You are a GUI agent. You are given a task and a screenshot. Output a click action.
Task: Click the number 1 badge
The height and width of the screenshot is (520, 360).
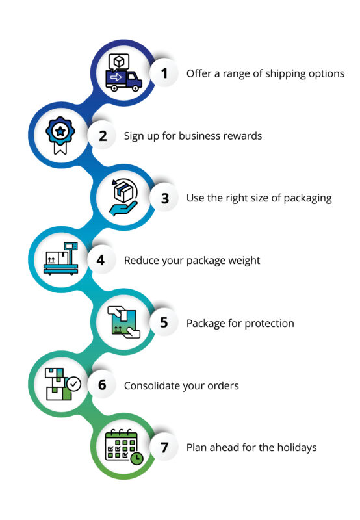(x=164, y=73)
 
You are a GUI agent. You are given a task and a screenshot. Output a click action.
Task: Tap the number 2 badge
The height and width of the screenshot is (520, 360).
(x=102, y=136)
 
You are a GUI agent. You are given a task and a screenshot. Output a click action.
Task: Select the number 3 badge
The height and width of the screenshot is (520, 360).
(x=164, y=198)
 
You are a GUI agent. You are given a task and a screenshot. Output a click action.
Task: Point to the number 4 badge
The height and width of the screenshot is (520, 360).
(x=101, y=260)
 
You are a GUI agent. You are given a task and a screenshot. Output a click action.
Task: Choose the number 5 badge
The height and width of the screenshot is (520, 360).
(x=164, y=322)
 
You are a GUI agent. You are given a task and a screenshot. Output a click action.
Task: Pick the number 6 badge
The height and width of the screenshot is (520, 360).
(x=102, y=385)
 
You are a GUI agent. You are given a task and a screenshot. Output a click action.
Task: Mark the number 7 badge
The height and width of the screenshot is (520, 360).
(x=164, y=447)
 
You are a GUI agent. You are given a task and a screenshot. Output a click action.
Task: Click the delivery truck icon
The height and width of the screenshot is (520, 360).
(x=123, y=80)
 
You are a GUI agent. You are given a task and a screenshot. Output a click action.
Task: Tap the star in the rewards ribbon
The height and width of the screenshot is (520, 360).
(x=60, y=131)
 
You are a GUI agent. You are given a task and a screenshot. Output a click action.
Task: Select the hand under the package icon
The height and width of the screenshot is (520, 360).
(x=123, y=209)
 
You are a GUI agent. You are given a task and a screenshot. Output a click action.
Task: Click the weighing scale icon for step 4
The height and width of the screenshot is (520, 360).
(x=61, y=259)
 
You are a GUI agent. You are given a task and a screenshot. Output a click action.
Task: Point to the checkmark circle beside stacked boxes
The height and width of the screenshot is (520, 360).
(x=73, y=384)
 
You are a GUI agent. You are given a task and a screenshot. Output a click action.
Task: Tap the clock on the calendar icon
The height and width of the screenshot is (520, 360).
(x=136, y=459)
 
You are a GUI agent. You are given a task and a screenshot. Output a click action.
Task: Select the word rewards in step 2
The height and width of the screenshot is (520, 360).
(x=242, y=136)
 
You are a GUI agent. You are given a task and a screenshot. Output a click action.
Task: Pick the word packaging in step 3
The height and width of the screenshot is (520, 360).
(x=307, y=199)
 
